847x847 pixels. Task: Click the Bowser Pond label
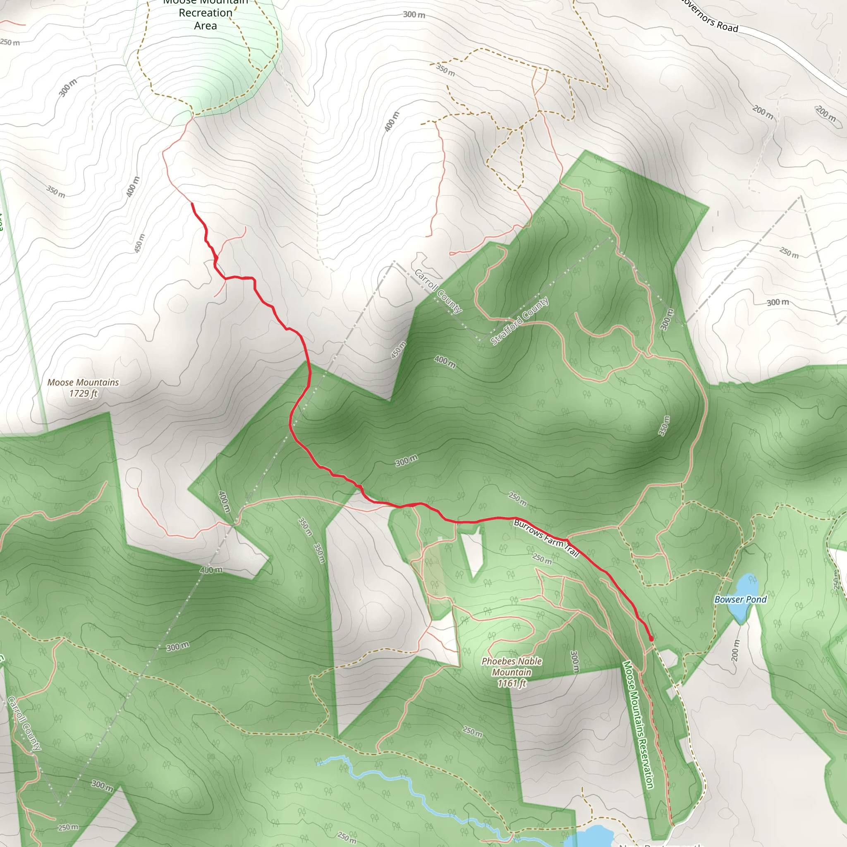[x=740, y=599]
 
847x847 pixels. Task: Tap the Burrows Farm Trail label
[x=546, y=538]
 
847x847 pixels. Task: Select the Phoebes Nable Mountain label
[x=512, y=672]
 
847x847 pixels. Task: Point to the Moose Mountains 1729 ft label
[x=83, y=388]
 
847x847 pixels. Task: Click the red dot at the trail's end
[x=651, y=639]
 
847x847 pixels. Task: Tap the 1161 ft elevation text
[x=511, y=683]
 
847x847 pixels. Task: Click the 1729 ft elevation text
[x=83, y=393]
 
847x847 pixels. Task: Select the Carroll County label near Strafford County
[x=438, y=291]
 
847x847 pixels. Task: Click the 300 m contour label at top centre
[x=414, y=14]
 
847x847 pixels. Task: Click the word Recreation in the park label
[x=205, y=13]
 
